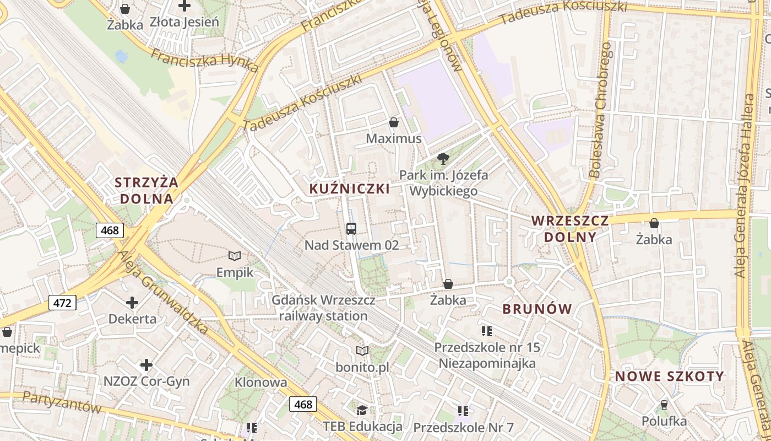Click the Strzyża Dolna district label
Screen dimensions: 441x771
pos(146,190)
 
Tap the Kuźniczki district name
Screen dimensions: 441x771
pos(349,189)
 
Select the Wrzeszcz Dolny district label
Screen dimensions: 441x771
pos(570,229)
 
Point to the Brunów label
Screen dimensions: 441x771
pos(537,309)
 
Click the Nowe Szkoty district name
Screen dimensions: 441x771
pos(669,377)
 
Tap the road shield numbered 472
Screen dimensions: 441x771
pos(62,303)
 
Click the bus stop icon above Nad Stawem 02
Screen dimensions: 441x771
pos(351,228)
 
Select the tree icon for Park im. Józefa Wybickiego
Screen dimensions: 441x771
pos(442,159)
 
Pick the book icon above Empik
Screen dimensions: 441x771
pos(235,256)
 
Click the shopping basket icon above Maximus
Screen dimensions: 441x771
pos(394,122)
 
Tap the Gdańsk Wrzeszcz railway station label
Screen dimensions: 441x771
pos(323,308)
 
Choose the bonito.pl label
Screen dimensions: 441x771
pos(362,367)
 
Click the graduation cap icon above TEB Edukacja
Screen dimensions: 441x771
pos(362,410)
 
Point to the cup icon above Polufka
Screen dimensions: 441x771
pos(664,405)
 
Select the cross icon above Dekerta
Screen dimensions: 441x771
pos(132,303)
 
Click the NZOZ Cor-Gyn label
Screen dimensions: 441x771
pos(146,381)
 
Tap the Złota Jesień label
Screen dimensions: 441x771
pos(184,23)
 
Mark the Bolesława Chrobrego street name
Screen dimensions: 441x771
pos(600,110)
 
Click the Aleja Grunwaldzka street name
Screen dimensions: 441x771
pos(164,292)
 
